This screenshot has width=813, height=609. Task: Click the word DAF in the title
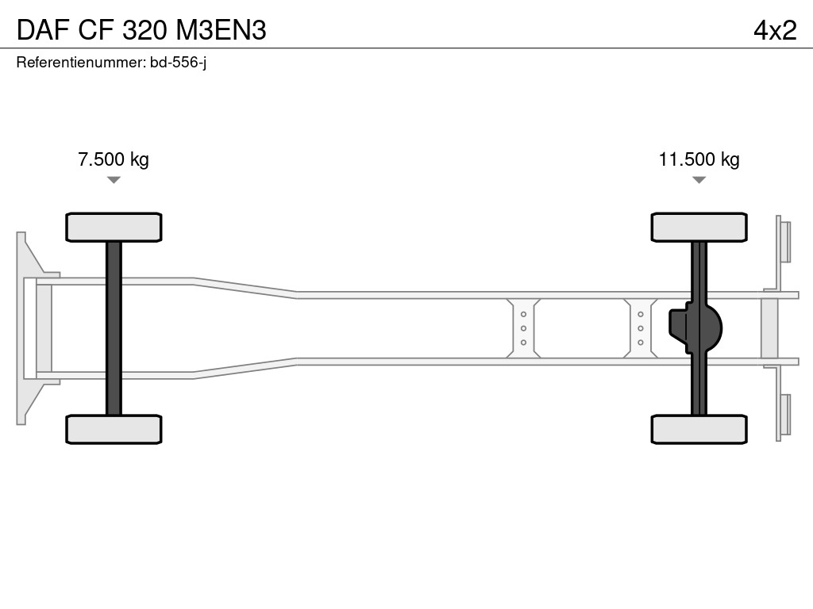coord(43,30)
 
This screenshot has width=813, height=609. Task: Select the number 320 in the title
coord(144,30)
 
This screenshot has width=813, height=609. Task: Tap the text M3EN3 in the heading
coord(222,30)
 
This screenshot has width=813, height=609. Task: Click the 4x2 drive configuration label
coord(775,30)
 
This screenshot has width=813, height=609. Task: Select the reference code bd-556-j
coord(179,63)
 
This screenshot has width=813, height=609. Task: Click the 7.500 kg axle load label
coord(114,159)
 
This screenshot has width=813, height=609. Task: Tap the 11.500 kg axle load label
coord(699,159)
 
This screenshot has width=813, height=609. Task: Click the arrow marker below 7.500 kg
coord(114,180)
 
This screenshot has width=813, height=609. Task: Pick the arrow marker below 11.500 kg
coord(699,180)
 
